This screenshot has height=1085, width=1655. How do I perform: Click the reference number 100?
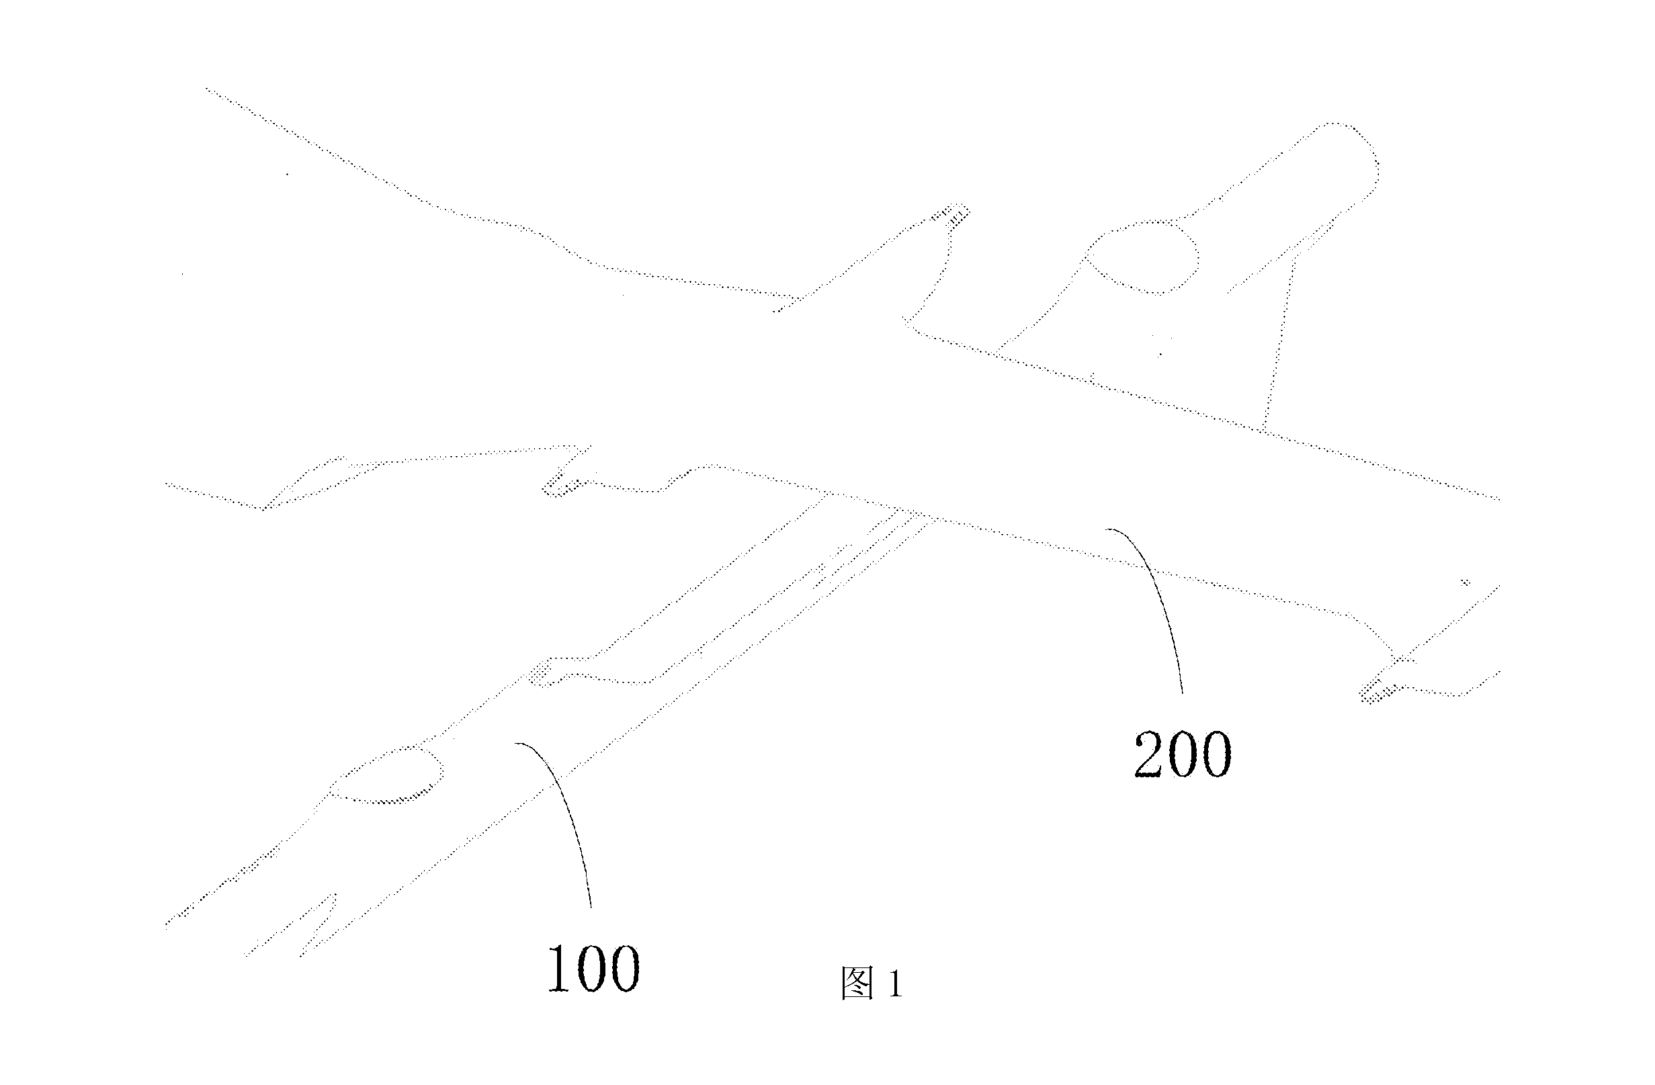593,968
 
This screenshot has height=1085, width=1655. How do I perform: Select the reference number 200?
1183,755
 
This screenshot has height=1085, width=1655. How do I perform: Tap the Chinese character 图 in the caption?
857,984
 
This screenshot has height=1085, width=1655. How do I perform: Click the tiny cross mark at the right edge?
1465,582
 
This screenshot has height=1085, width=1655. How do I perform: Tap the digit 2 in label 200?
1150,755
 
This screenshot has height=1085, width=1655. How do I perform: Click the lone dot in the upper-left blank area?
287,174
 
